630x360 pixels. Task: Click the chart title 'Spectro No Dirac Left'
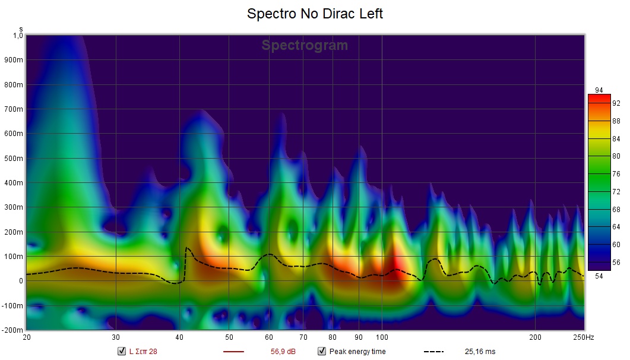[x=315, y=14]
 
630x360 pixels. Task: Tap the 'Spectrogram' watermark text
[x=305, y=46]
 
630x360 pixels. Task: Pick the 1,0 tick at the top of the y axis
[x=18, y=36]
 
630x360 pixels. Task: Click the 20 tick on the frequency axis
[x=27, y=337]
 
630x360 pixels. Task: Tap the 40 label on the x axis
[x=179, y=337]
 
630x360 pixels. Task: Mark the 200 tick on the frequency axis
[x=535, y=337]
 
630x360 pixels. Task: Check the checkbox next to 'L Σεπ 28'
[x=122, y=351]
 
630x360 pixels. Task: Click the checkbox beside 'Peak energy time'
[x=321, y=351]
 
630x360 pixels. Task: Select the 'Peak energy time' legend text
[x=357, y=351]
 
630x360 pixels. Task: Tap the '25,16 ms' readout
[x=480, y=351]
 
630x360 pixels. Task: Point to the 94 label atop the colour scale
[x=599, y=90]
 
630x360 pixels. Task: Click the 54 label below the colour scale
[x=599, y=276]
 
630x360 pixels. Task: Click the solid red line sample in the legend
[x=233, y=351]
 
